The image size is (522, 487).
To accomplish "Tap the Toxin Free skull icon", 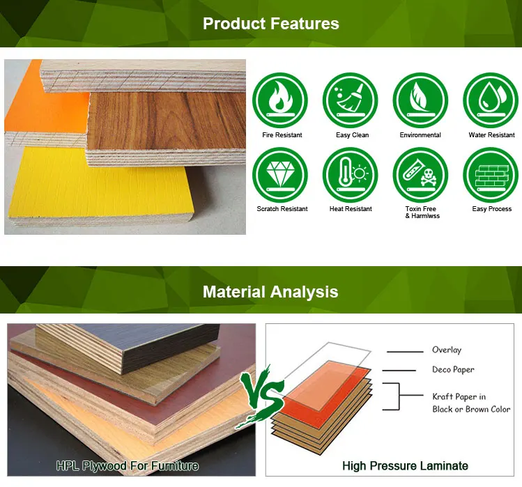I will click(420, 175).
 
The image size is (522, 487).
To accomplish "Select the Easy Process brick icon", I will click(491, 175).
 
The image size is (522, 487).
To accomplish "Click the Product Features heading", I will click(270, 23).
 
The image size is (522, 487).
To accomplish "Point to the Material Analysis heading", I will click(270, 291).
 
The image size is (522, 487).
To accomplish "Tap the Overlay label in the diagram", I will click(446, 350).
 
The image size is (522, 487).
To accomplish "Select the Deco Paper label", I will click(453, 369).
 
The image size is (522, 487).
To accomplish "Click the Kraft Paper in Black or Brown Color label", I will click(471, 403).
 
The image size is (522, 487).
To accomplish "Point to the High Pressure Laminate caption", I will click(405, 465).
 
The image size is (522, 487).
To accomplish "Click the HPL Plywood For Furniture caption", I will click(128, 465).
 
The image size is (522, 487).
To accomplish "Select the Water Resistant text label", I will click(491, 135).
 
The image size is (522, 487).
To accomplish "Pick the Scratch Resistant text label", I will click(282, 209).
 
